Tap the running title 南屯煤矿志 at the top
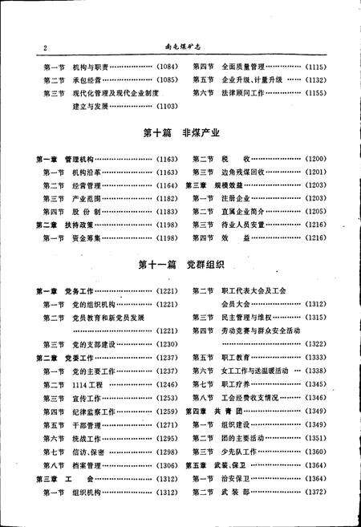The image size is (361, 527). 178,48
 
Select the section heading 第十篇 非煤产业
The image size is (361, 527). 179,135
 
